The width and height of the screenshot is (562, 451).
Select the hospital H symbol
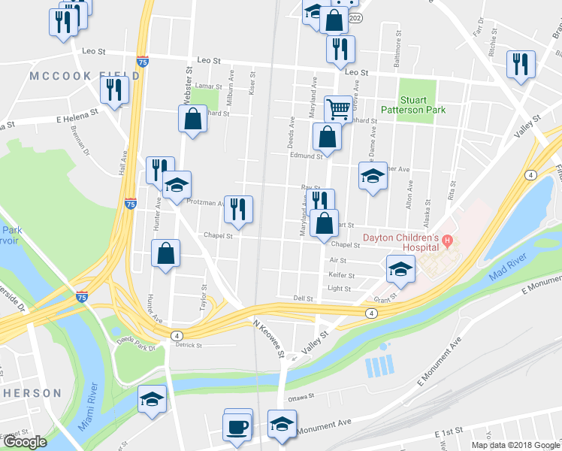point(447,241)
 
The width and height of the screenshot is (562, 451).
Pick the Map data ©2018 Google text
point(515,445)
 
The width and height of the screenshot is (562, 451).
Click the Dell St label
point(303,298)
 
